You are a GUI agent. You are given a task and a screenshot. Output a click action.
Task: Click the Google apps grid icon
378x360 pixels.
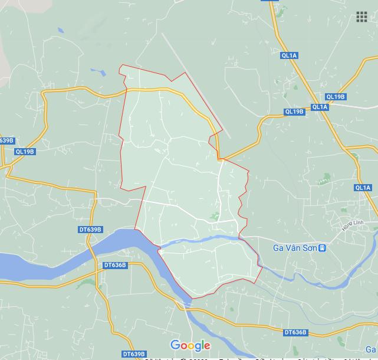tap(361, 17)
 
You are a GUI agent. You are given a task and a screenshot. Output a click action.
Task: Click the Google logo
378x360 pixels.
tap(190, 345)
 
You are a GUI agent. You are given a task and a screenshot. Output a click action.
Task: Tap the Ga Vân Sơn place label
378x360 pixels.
tap(294, 248)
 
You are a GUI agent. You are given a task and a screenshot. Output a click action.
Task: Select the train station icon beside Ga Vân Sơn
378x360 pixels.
tap(322, 248)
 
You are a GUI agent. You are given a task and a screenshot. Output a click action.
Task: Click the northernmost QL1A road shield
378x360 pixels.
tap(290, 55)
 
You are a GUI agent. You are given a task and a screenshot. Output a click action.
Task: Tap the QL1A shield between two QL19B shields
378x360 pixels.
tap(319, 107)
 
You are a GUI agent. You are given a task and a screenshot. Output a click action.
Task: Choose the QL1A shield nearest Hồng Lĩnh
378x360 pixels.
tap(363, 188)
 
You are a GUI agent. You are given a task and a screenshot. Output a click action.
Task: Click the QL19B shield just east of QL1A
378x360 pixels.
tap(336, 97)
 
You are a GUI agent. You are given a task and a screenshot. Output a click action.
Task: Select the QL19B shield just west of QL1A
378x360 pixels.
tap(294, 112)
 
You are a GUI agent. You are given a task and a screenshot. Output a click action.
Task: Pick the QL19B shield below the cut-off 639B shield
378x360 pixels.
tap(25, 152)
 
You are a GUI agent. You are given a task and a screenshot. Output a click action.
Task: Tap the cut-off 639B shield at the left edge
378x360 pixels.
tap(6, 140)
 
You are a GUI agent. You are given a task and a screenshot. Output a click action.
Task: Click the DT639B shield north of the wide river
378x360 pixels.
tap(90, 230)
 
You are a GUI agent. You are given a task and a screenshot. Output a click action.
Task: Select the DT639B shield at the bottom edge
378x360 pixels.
tap(133, 354)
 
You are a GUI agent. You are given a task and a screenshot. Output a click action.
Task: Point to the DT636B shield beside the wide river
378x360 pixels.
tap(114, 265)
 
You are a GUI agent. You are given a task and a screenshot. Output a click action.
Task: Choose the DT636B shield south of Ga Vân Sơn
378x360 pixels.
tap(295, 332)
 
